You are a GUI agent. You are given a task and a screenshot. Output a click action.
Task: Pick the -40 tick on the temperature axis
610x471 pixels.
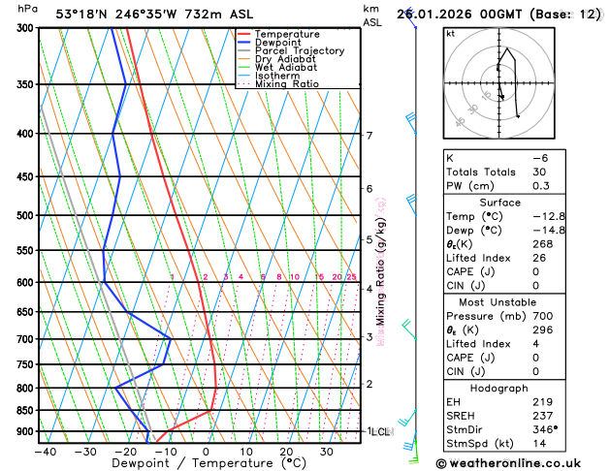(45, 451)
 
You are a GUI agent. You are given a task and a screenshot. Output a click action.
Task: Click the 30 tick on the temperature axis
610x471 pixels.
(327, 451)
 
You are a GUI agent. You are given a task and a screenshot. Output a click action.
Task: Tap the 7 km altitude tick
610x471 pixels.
(369, 136)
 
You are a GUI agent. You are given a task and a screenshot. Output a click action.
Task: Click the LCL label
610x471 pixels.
(379, 431)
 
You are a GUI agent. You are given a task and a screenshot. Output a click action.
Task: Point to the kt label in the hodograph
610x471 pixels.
(450, 33)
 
